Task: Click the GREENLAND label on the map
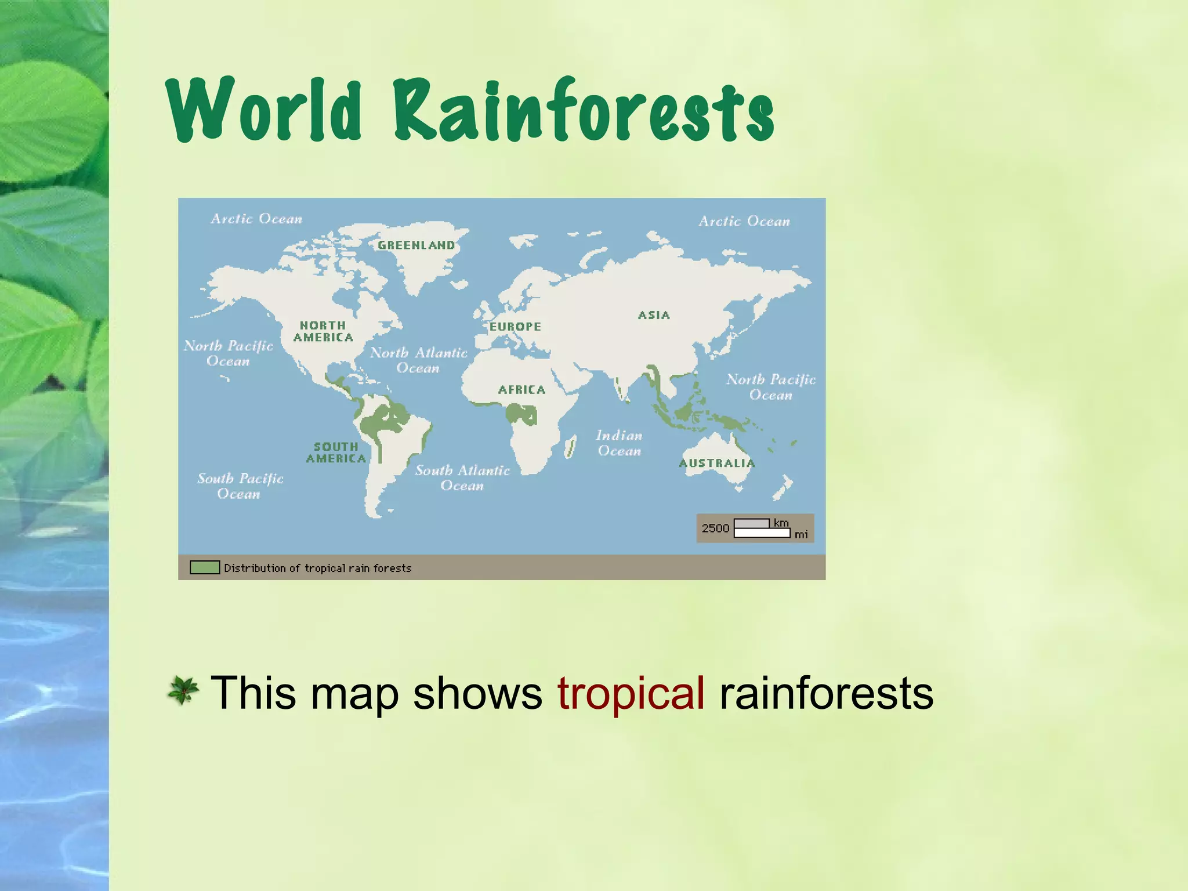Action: [416, 245]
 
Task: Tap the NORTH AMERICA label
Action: [323, 331]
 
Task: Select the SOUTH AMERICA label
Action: [336, 452]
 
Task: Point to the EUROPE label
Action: [515, 327]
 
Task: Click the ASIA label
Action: [654, 315]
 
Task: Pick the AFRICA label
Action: [521, 390]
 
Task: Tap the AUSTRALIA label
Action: [717, 463]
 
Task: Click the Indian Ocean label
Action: [619, 443]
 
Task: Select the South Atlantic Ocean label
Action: [462, 478]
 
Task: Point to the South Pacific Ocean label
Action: [240, 486]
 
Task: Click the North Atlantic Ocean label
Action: [418, 360]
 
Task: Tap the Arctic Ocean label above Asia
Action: [744, 221]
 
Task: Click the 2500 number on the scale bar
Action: [715, 528]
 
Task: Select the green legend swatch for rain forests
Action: [205, 567]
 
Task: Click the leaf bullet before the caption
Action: [183, 691]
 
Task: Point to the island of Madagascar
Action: [571, 447]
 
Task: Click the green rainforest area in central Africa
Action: [520, 414]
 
